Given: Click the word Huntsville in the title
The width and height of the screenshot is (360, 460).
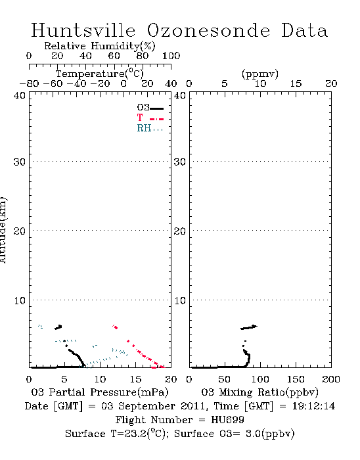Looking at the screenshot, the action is (83, 30).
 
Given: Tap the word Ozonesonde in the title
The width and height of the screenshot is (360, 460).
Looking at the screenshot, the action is (208, 30).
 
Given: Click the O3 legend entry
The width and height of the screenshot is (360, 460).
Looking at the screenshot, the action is (150, 108).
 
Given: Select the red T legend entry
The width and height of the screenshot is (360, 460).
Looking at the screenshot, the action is (150, 118).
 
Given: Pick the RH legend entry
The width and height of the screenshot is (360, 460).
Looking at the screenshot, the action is (150, 128).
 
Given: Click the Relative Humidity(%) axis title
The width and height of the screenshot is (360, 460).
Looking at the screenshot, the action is (100, 46).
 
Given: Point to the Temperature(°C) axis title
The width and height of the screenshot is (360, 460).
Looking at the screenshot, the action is (100, 74).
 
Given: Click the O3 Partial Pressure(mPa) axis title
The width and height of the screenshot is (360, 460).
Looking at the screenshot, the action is (100, 392).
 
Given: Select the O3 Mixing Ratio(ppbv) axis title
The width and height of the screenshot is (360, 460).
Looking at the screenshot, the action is (259, 392).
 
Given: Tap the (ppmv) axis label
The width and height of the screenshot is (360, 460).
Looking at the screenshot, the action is (259, 74).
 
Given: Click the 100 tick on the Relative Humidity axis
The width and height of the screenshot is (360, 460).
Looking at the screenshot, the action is (171, 56).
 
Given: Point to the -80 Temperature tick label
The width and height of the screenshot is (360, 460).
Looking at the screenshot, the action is (29, 84).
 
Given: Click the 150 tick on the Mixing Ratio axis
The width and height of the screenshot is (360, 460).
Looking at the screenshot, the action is (296, 379).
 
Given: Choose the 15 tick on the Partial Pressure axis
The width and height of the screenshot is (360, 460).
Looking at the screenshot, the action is (135, 379).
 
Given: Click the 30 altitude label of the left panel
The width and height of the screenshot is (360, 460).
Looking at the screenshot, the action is (20, 162).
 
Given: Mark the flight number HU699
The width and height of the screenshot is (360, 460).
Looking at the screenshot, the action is (227, 420).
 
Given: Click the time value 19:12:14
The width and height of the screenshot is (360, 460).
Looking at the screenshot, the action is (313, 406).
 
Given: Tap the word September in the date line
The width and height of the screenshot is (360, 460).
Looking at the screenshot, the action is (146, 406).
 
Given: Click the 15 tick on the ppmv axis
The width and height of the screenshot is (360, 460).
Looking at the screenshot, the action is (296, 84).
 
